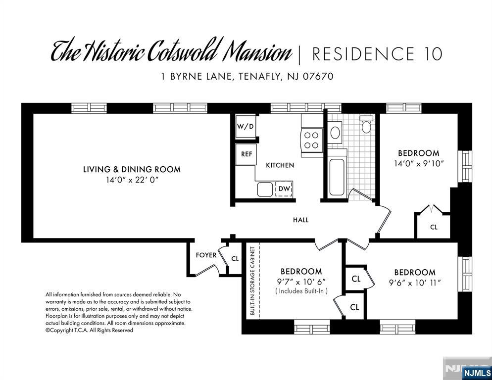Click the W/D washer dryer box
click(x=246, y=126)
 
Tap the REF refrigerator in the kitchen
click(x=246, y=154)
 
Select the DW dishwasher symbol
click(x=284, y=189)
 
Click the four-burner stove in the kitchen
click(x=311, y=140)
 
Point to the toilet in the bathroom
click(x=366, y=124)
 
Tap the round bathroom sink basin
click(x=336, y=133)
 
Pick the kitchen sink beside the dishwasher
click(x=265, y=189)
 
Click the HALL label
click(x=301, y=220)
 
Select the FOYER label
click(x=206, y=255)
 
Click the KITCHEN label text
click(x=280, y=165)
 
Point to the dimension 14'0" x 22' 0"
click(x=132, y=180)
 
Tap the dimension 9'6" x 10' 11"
click(x=415, y=283)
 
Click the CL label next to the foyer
click(x=235, y=259)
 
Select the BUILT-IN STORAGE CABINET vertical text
click(x=252, y=281)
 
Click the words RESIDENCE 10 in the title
click(x=377, y=54)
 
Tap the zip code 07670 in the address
click(x=318, y=76)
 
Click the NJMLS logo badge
click(x=477, y=373)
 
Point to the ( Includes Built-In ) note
click(x=301, y=291)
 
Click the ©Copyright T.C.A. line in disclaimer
click(x=90, y=330)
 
